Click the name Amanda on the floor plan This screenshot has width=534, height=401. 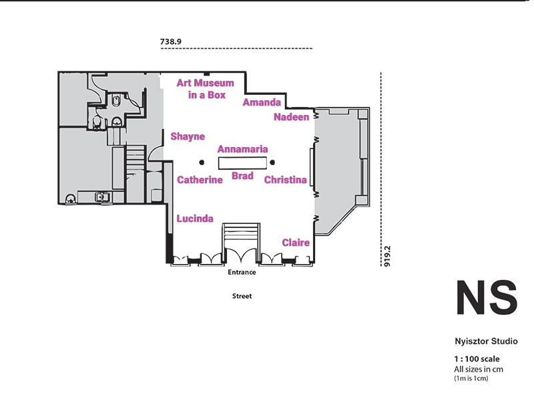point(262,102)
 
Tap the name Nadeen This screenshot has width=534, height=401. point(292,117)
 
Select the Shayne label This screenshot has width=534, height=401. point(188,137)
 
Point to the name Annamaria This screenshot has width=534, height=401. point(242,149)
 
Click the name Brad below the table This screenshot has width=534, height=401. point(242,176)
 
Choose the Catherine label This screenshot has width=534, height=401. point(200,180)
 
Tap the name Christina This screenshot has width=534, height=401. point(286,180)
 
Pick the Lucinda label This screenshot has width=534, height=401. point(195,219)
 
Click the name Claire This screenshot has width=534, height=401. point(296,243)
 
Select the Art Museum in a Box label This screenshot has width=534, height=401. point(206,89)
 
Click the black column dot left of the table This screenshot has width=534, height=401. point(202,162)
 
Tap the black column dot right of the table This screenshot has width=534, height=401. point(272,162)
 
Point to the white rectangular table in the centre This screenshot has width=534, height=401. point(242,163)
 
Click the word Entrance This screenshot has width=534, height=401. point(242,272)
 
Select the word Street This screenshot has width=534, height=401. point(242,296)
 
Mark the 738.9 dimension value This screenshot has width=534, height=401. point(171,41)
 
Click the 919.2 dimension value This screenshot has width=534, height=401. point(387,256)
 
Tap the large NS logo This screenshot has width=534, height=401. point(487,297)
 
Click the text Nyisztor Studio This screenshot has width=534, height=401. point(486,342)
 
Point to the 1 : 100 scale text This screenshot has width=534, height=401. point(477,359)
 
